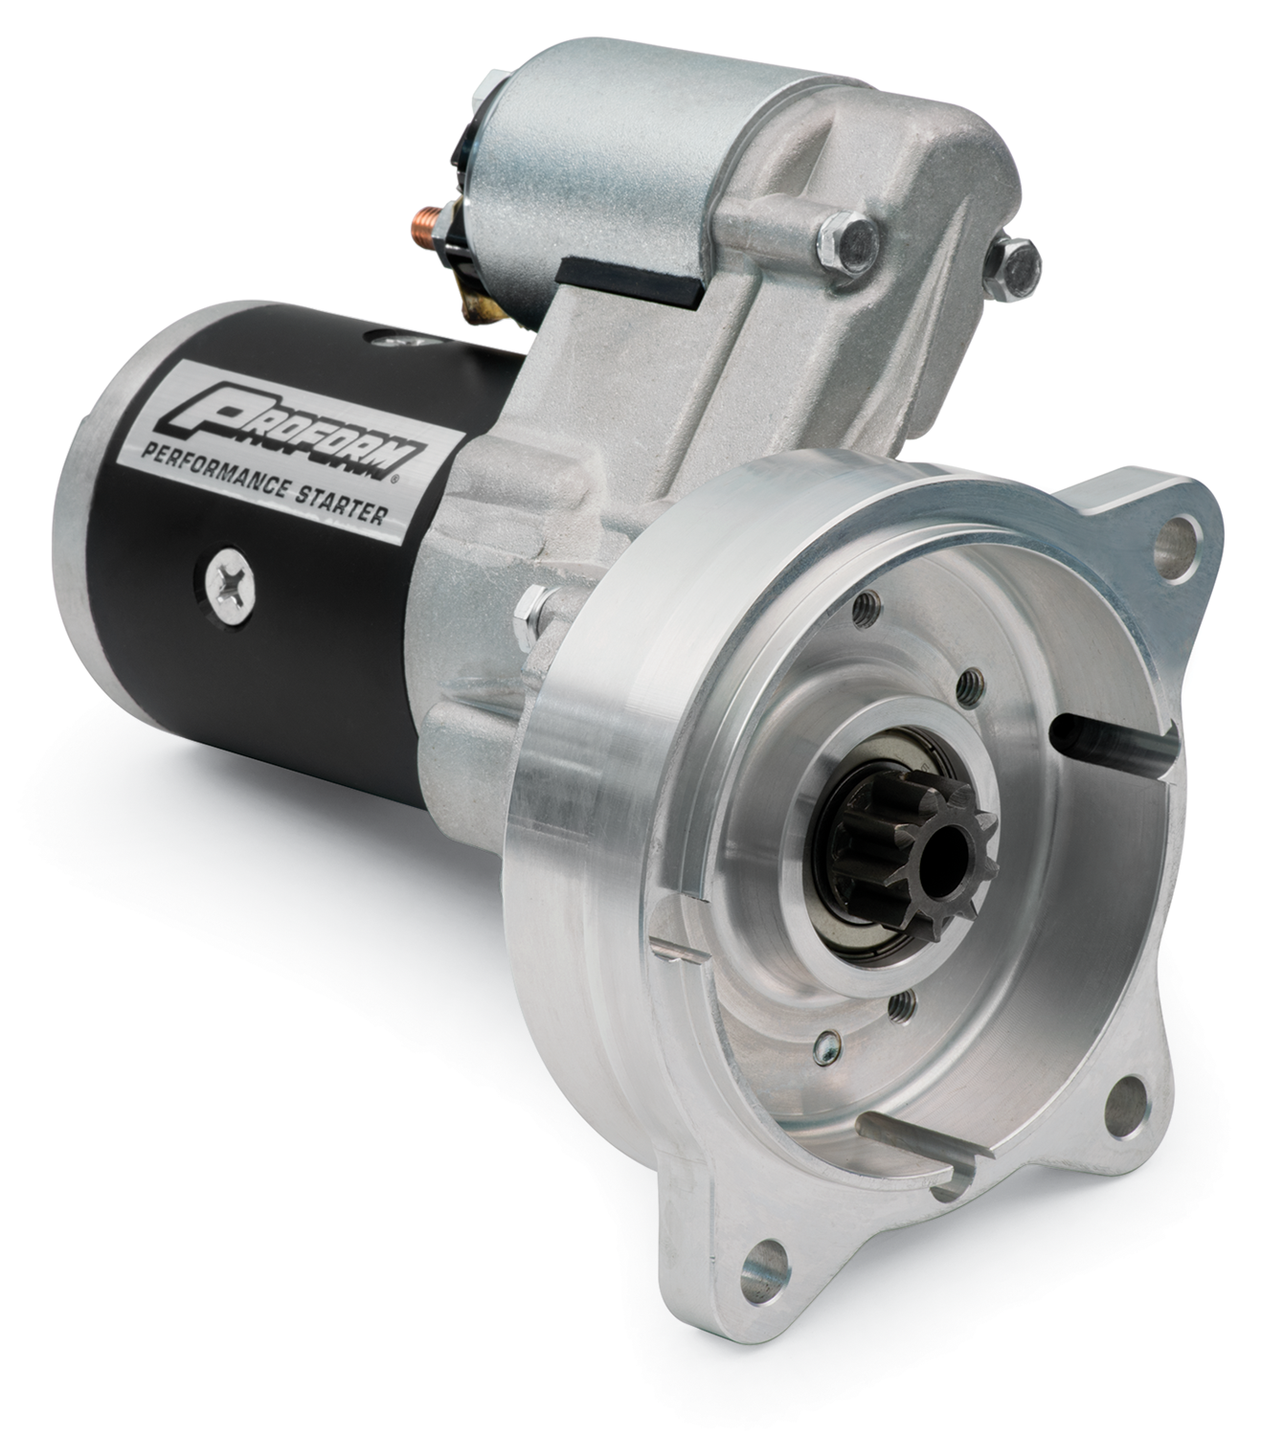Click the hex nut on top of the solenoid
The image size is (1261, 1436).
point(489,101)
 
